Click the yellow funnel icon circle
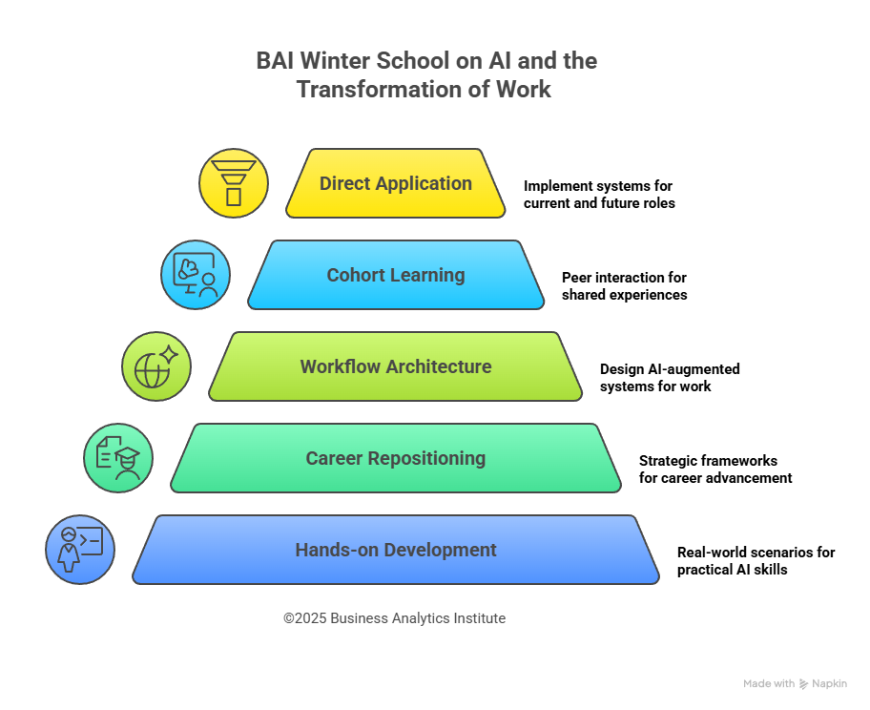(233, 183)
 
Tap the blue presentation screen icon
(195, 275)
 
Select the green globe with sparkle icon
(156, 366)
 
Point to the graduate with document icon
(118, 458)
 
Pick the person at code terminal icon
(80, 550)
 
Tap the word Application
(423, 184)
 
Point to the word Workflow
(338, 366)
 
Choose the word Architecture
(436, 366)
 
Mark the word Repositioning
(425, 459)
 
